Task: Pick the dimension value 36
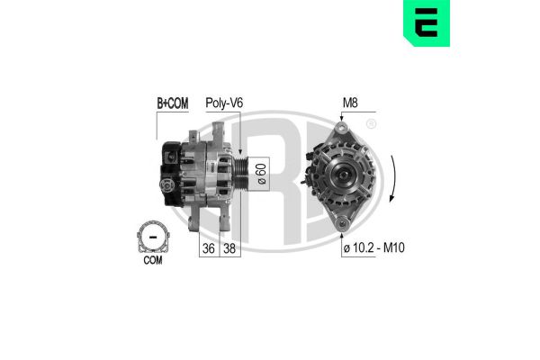point(209,247)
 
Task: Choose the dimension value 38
point(231,247)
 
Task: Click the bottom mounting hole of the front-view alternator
point(342,221)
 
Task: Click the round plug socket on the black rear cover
point(167,186)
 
